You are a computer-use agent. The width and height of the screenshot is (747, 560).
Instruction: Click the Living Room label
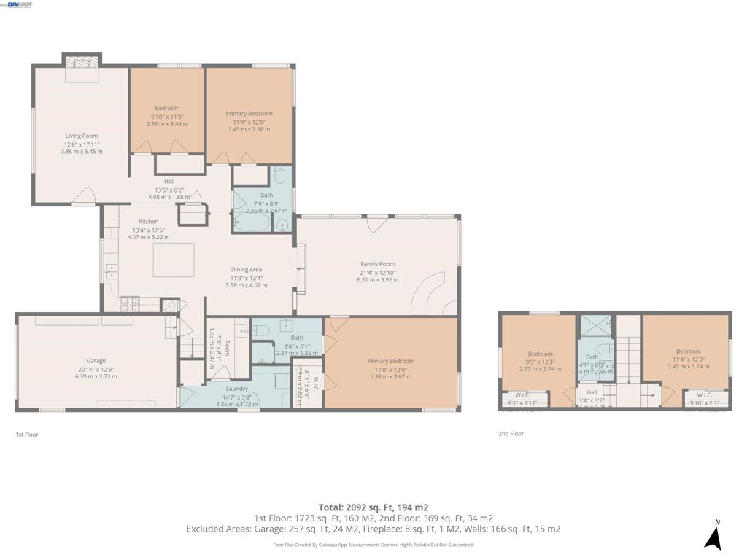[82, 136]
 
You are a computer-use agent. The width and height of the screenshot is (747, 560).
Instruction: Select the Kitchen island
[174, 260]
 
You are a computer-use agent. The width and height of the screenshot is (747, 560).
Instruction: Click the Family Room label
[377, 265]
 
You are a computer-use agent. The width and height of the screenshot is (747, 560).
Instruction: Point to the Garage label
[96, 361]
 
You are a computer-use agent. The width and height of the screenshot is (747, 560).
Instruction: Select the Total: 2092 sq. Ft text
[373, 507]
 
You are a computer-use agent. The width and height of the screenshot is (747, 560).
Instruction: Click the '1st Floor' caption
[26, 435]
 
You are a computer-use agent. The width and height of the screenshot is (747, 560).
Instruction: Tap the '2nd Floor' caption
[511, 434]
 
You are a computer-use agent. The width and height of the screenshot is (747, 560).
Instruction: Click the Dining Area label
[247, 270]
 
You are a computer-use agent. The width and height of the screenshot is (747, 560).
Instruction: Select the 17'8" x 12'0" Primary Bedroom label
[391, 362]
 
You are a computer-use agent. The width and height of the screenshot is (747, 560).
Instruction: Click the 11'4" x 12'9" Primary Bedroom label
[249, 114]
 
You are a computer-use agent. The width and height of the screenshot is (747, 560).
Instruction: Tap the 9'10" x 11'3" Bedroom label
[167, 109]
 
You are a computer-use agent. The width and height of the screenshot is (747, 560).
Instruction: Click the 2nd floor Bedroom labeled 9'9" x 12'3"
[541, 354]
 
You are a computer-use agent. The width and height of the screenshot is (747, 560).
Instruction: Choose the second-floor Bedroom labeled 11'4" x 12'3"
[688, 351]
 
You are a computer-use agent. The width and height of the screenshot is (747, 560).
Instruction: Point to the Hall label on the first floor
[169, 182]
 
